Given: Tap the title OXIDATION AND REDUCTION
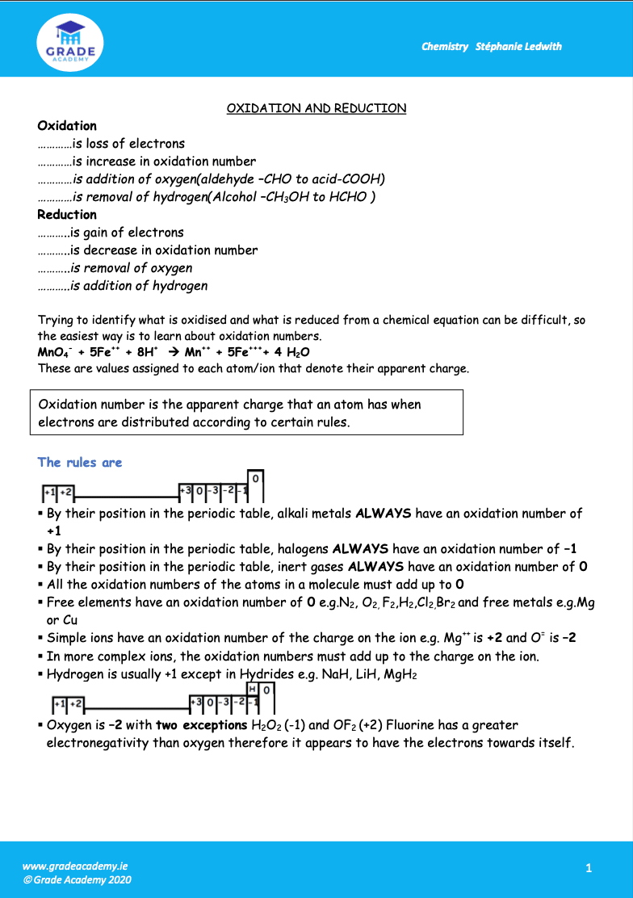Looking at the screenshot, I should click(x=316, y=108).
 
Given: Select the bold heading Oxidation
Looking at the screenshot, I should click(x=67, y=126).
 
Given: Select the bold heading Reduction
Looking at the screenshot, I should click(x=67, y=215).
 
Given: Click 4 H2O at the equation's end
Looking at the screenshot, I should click(x=292, y=353).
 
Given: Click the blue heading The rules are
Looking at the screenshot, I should click(x=80, y=463).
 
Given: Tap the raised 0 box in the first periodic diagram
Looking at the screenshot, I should click(x=254, y=479).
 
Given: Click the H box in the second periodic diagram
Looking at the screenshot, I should click(x=253, y=689).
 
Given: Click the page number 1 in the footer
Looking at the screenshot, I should click(x=589, y=868).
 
